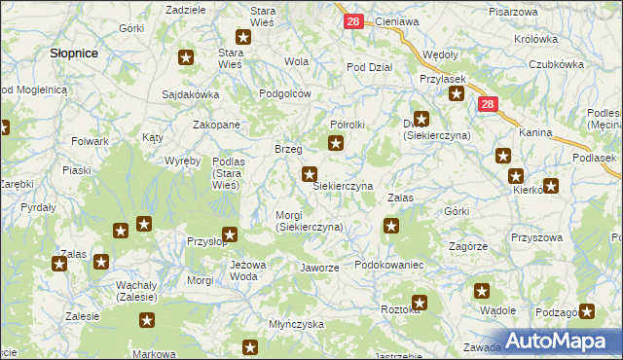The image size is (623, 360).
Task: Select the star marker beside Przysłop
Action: click(230, 234)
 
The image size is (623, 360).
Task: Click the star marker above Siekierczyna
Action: click(310, 175)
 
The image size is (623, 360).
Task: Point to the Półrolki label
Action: click(348, 125)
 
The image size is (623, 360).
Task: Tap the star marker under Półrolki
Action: click(336, 144)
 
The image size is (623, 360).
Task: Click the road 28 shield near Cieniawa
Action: click(353, 20)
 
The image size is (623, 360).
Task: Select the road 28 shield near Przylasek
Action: click(488, 104)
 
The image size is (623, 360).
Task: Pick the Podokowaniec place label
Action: click(388, 265)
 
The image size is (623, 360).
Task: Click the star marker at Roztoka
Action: click(420, 303)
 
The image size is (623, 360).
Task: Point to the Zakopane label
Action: click(216, 126)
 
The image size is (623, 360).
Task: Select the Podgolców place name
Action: click(284, 93)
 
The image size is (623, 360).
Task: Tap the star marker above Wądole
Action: click(482, 290)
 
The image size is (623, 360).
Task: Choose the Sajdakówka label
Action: click(191, 95)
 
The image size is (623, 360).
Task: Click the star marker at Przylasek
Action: click(457, 94)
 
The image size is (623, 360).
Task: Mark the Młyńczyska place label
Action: click(296, 325)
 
